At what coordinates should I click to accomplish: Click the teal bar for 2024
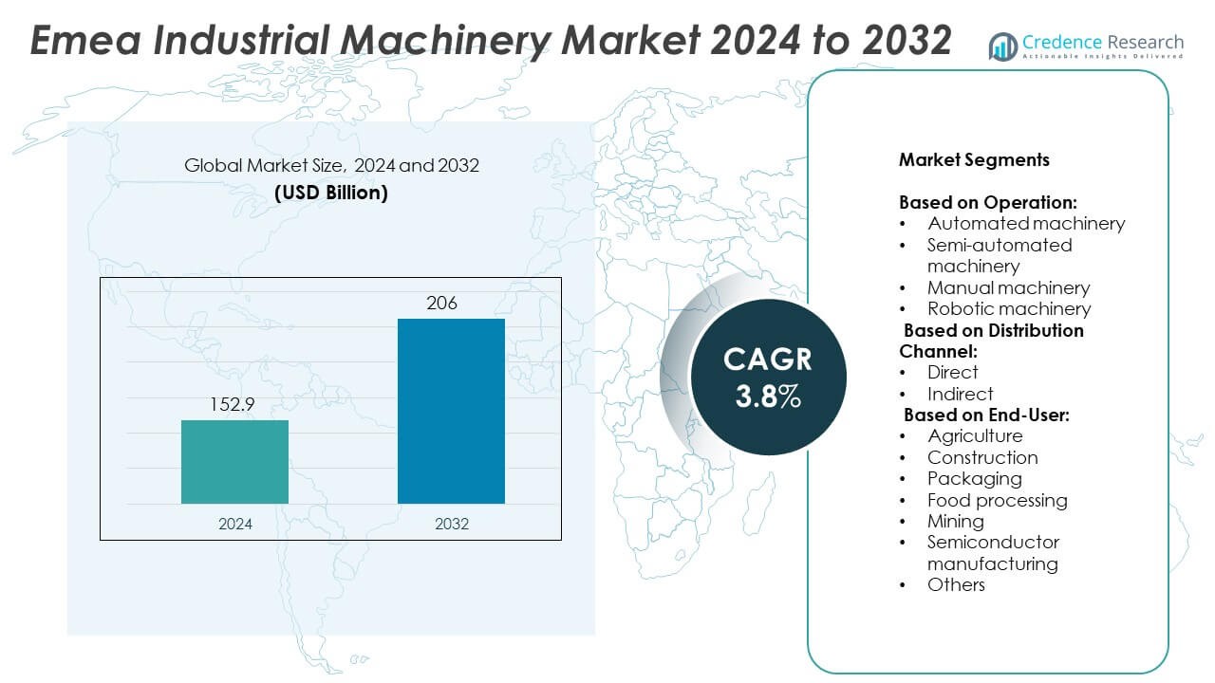[234, 462]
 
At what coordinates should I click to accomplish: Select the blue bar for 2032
[451, 411]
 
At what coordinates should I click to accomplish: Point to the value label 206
[441, 304]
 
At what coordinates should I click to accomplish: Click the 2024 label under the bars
[234, 524]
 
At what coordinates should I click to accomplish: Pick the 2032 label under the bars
[451, 524]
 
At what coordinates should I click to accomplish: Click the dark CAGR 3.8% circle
[768, 378]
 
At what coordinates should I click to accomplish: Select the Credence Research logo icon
[1002, 46]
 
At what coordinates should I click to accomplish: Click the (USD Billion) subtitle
[331, 193]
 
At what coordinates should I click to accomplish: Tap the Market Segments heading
[974, 159]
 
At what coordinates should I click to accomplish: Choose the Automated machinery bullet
[1026, 223]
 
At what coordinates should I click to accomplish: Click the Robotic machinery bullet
[1009, 308]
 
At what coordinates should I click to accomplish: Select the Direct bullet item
[952, 372]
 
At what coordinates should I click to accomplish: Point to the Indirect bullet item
[960, 394]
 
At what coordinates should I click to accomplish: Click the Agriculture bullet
[975, 435]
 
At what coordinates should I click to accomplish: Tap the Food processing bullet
[997, 500]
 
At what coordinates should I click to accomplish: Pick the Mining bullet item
[955, 521]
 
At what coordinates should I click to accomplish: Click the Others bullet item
[956, 584]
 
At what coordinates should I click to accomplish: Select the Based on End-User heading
[986, 415]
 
